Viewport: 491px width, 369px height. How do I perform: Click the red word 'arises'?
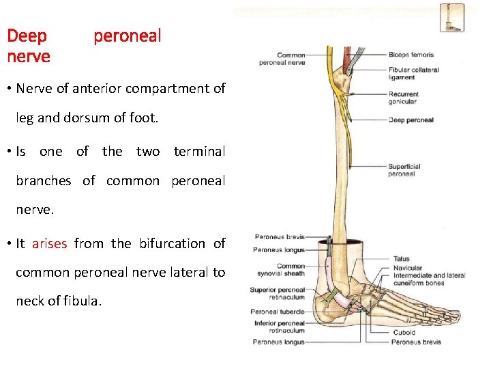(50, 243)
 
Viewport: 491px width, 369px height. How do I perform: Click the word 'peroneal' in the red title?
(128, 36)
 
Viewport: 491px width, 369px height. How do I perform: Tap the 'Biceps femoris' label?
(411, 55)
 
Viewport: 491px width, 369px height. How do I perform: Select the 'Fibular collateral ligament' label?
(413, 73)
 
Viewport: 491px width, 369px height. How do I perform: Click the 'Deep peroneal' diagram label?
(411, 120)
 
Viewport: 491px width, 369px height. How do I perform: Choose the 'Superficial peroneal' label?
(404, 169)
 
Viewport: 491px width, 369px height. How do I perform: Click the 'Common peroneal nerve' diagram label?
(282, 59)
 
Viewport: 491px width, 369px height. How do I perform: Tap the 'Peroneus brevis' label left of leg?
(279, 237)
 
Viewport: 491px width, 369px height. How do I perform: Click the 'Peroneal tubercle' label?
(277, 312)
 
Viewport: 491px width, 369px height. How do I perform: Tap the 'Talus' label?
(401, 259)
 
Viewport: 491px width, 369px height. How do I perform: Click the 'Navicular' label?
(408, 268)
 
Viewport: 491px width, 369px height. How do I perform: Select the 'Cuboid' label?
(404, 333)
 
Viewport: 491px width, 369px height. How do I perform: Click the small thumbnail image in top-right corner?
(451, 18)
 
